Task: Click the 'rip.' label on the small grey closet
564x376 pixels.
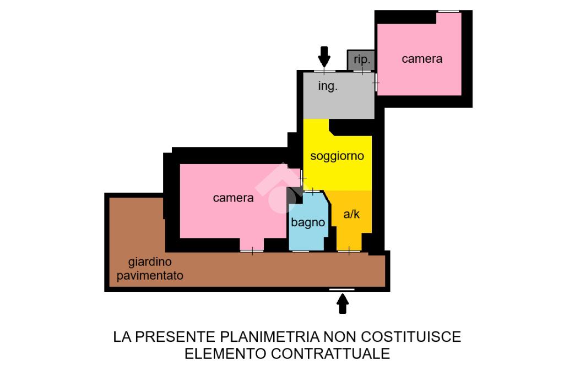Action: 361,59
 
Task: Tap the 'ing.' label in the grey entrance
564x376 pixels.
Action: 328,87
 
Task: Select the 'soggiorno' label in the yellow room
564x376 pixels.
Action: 337,156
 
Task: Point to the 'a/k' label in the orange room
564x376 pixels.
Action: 351,214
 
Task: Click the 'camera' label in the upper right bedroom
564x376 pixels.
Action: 422,59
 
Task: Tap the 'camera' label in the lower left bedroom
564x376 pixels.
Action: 233,198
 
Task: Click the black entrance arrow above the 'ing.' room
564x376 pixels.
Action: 324,56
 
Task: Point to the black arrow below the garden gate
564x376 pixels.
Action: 343,303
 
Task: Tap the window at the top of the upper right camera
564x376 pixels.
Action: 448,11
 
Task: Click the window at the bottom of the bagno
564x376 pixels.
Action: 300,252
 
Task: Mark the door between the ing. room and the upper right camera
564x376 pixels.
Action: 376,84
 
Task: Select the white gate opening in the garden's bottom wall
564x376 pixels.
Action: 341,289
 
